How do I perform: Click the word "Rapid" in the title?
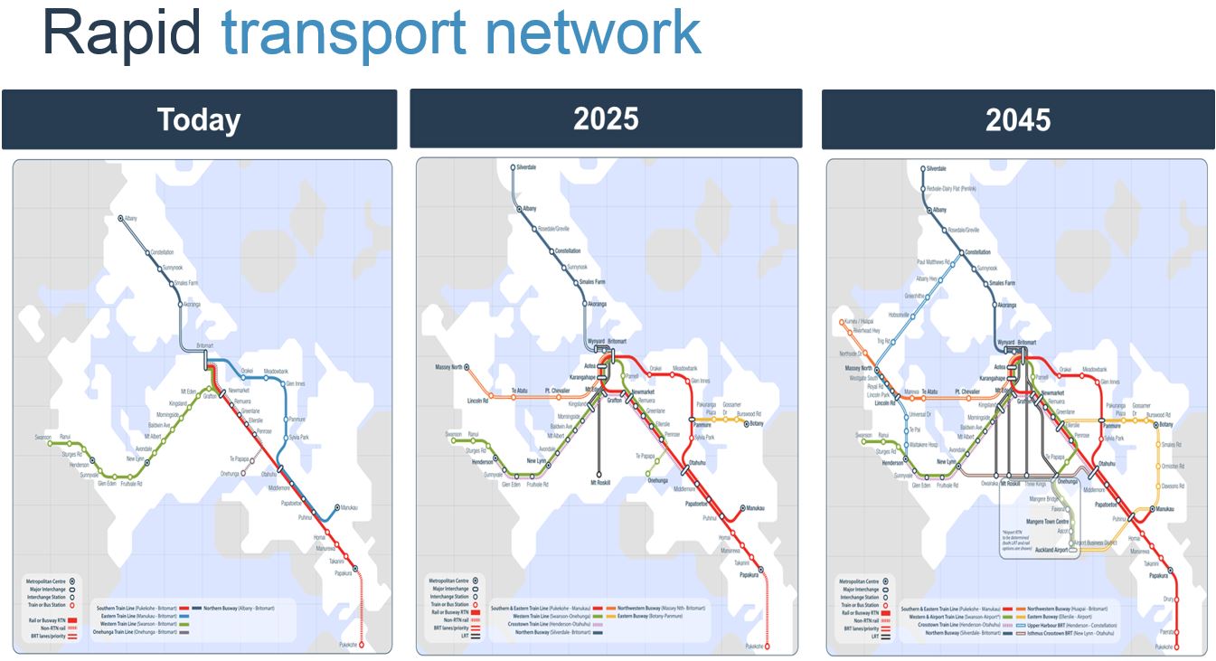[x=122, y=33]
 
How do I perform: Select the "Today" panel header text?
[x=199, y=120]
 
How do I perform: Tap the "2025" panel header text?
[x=606, y=119]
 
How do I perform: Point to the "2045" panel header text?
[x=1018, y=120]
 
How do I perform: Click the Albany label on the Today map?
[x=131, y=219]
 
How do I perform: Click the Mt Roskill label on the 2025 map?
[x=599, y=482]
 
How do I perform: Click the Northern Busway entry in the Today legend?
[x=231, y=608]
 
